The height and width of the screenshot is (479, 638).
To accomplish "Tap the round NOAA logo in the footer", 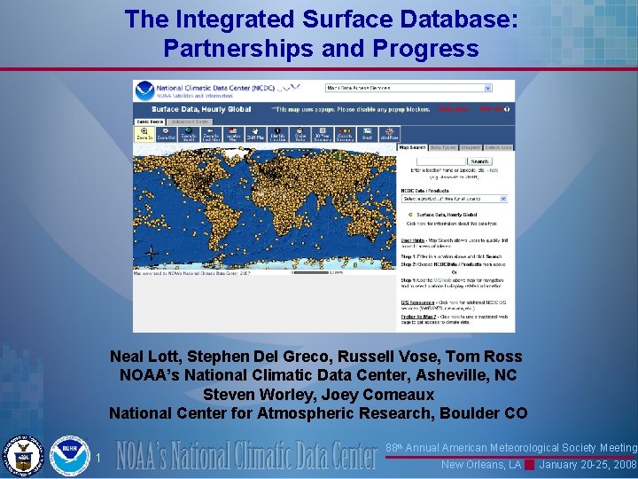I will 69,456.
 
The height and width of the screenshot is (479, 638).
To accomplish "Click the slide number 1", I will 100,459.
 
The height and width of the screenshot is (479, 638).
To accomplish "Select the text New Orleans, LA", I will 480,465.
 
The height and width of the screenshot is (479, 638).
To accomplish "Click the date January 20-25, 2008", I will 588,465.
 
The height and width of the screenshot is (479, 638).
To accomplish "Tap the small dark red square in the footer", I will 529,465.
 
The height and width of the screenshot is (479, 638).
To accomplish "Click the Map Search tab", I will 412,147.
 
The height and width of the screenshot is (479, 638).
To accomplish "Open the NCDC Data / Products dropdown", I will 454,199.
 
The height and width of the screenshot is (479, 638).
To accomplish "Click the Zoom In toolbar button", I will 144,133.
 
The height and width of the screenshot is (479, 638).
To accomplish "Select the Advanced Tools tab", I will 190,122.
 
